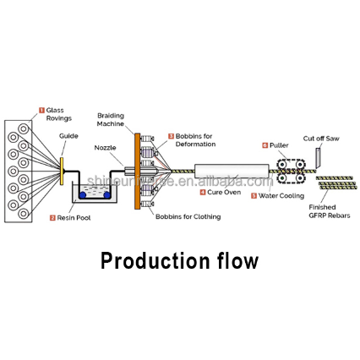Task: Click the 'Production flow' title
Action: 179,260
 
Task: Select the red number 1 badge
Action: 41,110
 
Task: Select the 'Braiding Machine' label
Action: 111,119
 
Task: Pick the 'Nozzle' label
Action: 105,148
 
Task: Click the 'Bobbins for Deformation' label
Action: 196,139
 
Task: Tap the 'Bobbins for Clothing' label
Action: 188,216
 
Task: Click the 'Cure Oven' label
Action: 225,193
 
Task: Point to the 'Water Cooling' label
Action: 281,196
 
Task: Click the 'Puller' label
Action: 279,145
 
